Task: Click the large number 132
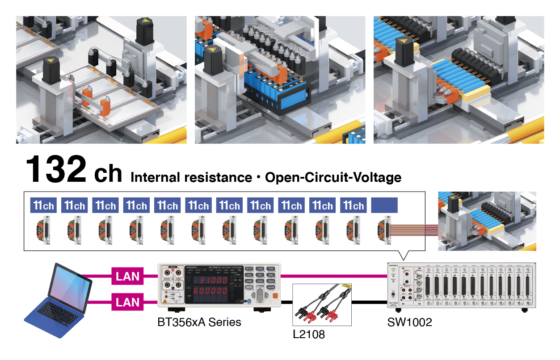pos(56,170)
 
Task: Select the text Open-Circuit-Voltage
pos(333,177)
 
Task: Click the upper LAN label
pos(128,276)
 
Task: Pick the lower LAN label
pos(128,302)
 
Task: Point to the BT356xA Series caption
pos(199,322)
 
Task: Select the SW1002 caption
pos(409,322)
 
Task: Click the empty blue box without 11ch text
pos(384,205)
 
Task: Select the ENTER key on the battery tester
pos(271,288)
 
